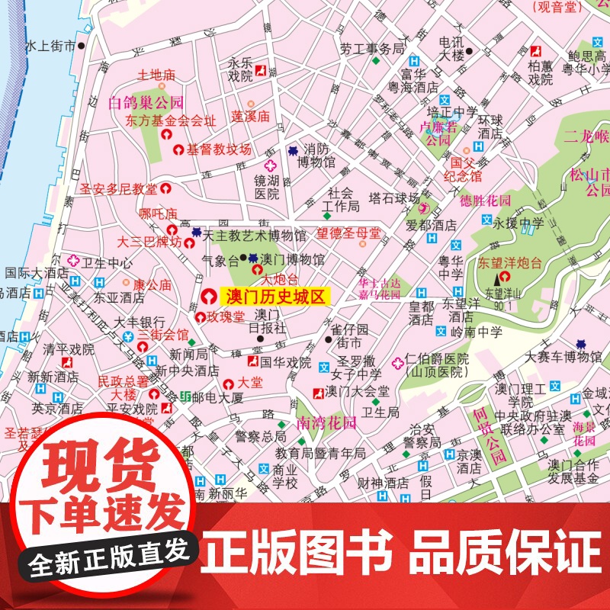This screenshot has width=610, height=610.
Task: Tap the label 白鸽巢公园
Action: [x=146, y=102]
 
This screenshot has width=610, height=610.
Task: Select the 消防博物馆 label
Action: [x=316, y=155]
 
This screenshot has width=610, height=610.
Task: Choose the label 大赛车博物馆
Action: [x=553, y=356]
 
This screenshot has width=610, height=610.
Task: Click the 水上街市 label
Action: [x=50, y=47]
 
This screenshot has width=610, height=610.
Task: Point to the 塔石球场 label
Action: [x=394, y=197]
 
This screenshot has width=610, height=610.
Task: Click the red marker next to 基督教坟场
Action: [x=179, y=150]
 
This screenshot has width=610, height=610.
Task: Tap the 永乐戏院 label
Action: [x=240, y=70]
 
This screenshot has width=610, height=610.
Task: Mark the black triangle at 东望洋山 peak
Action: [x=498, y=281]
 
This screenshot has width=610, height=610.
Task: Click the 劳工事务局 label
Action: [x=372, y=49]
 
